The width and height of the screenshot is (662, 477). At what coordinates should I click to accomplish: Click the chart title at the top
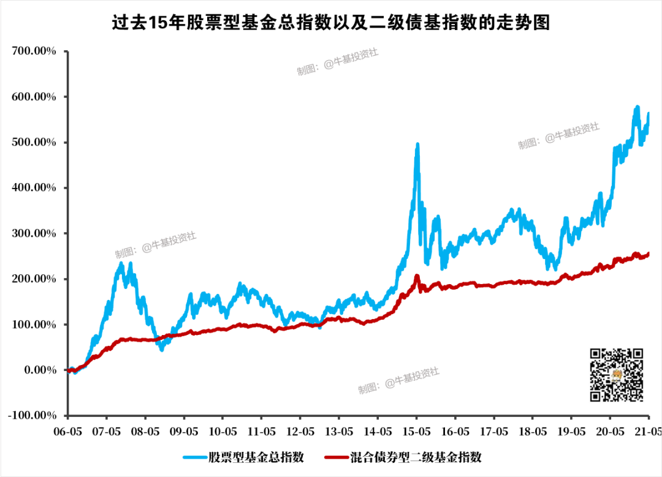(x=331, y=23)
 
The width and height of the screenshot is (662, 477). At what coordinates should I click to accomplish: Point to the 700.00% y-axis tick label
(x=34, y=51)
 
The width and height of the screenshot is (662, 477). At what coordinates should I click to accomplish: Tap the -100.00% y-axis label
(x=32, y=416)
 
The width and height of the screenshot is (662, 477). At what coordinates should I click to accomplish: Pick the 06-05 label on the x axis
(x=68, y=431)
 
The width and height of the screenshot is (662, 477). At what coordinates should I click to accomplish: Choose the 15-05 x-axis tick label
(x=416, y=431)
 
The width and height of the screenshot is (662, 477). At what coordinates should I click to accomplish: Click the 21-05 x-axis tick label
(x=647, y=431)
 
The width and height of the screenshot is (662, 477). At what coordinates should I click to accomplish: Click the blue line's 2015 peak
(x=417, y=145)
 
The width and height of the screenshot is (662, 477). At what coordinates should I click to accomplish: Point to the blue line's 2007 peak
(x=121, y=263)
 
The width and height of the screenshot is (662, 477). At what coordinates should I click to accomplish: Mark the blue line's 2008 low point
(x=162, y=349)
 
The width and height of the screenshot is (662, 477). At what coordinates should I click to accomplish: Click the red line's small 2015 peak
(x=417, y=277)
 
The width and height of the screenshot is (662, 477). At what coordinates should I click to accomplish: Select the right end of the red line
(x=649, y=254)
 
